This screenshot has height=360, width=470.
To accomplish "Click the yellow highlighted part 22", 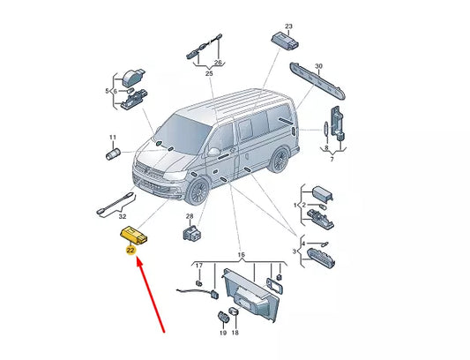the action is point(134,235).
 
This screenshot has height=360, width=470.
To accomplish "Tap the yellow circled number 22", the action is point(131,251).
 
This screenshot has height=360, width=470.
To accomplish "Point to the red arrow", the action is point(151,296).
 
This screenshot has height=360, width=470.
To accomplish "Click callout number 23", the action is point(288,26).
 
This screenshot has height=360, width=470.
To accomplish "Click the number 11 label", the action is point(112,138).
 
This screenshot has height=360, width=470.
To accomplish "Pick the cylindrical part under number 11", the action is point(113,154).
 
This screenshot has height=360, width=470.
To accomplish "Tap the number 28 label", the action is point(190,216).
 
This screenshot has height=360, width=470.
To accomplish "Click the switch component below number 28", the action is point(192,233).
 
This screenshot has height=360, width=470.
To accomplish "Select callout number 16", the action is point(241,255).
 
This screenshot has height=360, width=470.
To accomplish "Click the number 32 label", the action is point(123,216).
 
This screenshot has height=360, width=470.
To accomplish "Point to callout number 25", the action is point(209,73).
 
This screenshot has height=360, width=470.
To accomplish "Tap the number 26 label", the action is point(218,63).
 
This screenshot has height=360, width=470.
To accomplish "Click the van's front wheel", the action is point(198,191).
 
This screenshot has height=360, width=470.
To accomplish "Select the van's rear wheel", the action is point(280,160).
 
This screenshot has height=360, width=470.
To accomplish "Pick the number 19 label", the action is point(223,333).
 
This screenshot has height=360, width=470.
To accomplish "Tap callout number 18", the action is point(235,333).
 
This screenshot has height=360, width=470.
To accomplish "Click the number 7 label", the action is point(332,160).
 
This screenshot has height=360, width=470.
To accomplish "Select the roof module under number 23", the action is point(285,41).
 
